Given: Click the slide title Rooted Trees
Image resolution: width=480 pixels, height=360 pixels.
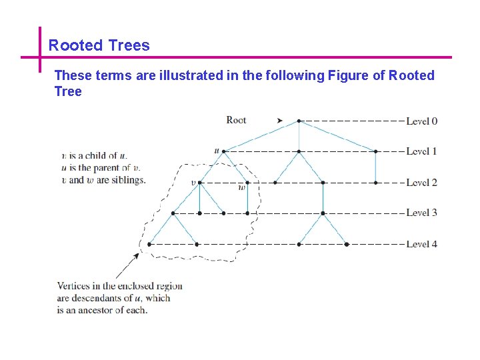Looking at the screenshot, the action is point(99,45).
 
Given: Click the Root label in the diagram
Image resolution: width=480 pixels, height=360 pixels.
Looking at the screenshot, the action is point(236,120).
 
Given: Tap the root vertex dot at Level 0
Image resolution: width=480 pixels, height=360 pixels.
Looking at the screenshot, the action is point(299,121).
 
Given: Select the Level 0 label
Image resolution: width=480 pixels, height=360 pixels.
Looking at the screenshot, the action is point(421,121).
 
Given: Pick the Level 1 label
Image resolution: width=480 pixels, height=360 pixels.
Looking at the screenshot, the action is point(421,151).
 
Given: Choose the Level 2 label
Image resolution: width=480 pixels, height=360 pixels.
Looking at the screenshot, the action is point(421,182).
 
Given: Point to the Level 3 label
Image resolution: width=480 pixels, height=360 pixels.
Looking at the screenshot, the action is point(421,213).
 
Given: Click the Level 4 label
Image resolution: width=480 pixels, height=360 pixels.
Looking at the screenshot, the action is point(421,244).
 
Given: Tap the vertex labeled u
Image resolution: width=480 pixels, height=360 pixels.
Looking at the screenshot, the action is point(224,151).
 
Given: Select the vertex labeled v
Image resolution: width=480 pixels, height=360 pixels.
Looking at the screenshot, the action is point(200,182).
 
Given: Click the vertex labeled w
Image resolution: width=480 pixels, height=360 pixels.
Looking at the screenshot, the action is point(247,182).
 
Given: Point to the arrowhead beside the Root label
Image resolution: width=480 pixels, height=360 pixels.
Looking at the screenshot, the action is point(280,121).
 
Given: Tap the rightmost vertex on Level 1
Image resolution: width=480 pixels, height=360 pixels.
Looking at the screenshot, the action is point(375,151).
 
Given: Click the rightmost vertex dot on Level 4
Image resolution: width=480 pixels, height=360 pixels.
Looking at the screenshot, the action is point(347,244).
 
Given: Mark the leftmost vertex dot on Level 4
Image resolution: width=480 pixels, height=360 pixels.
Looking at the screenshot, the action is point(149,244).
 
